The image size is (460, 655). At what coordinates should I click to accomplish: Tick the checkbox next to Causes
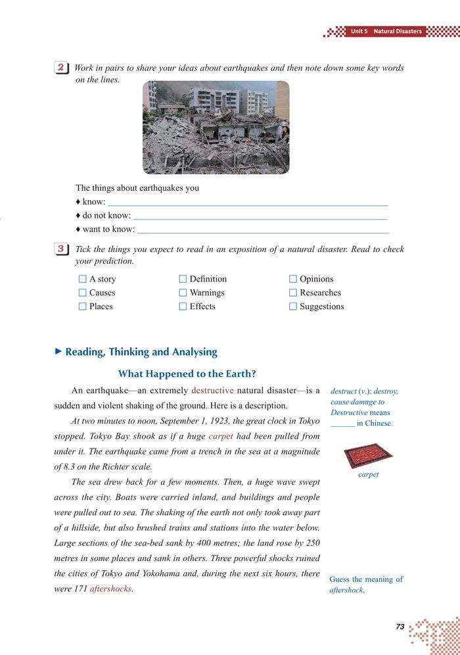point(83,293)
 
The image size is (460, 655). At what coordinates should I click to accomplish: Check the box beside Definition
point(183,279)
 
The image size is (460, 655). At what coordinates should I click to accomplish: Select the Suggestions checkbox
point(293,306)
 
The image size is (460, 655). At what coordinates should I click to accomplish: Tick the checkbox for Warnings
point(183,293)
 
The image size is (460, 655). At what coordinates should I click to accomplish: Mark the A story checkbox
point(83,279)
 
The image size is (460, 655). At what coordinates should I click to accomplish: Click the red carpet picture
point(368,454)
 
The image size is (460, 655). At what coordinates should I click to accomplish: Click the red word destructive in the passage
point(212,391)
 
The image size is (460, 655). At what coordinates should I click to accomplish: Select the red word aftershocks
point(111,589)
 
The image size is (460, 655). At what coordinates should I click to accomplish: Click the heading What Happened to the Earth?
point(187,374)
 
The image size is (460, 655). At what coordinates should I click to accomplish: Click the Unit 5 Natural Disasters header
point(386,31)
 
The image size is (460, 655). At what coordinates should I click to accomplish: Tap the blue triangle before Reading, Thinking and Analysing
point(58,352)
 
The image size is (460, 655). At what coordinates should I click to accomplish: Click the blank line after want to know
point(263,231)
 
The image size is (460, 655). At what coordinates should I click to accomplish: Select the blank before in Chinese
point(342,424)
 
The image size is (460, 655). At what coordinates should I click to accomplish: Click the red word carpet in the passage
point(221,436)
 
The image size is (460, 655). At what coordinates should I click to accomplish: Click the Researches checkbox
point(293,293)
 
